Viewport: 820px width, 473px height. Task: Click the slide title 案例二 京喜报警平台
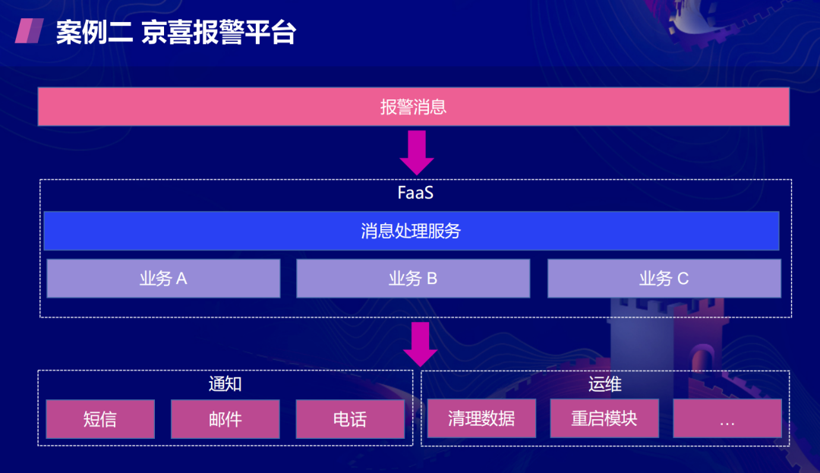(176, 33)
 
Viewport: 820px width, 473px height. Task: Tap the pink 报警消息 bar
(413, 106)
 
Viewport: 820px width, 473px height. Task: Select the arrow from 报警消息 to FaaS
(417, 153)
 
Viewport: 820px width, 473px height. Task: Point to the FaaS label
(415, 193)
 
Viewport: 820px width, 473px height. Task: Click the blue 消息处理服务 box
(411, 231)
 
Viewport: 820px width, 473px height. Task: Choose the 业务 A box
(163, 279)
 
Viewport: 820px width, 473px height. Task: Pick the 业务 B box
(413, 279)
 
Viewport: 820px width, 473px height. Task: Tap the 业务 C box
(664, 279)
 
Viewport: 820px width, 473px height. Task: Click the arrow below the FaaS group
(421, 344)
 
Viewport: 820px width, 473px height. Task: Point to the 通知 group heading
(225, 384)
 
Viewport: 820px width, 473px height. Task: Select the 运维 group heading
(604, 384)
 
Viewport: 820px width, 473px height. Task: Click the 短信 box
(100, 419)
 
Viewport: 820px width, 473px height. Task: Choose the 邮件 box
(225, 419)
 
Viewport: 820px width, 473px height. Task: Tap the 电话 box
(350, 419)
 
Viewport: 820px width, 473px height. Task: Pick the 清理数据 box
(481, 418)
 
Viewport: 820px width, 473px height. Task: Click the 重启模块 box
(604, 418)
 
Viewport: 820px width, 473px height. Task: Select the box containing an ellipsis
(727, 418)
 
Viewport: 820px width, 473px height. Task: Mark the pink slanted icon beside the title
(30, 31)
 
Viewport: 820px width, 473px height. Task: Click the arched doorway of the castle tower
(702, 361)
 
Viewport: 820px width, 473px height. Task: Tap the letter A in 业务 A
(181, 279)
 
